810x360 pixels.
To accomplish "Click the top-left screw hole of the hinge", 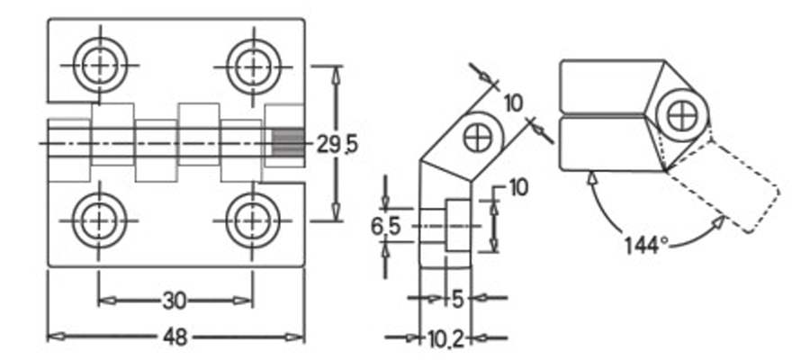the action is coord(100,66).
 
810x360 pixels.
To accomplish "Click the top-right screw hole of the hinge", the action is coord(253,67).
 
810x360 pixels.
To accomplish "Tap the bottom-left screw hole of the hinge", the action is coord(99,221).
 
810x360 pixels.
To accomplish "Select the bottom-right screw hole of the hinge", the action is coord(253,221).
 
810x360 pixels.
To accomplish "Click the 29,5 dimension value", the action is coord(337,145).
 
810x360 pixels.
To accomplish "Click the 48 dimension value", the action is coord(175,337).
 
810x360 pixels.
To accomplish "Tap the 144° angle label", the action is coord(646,245).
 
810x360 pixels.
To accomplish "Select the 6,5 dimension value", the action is coord(385,227).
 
